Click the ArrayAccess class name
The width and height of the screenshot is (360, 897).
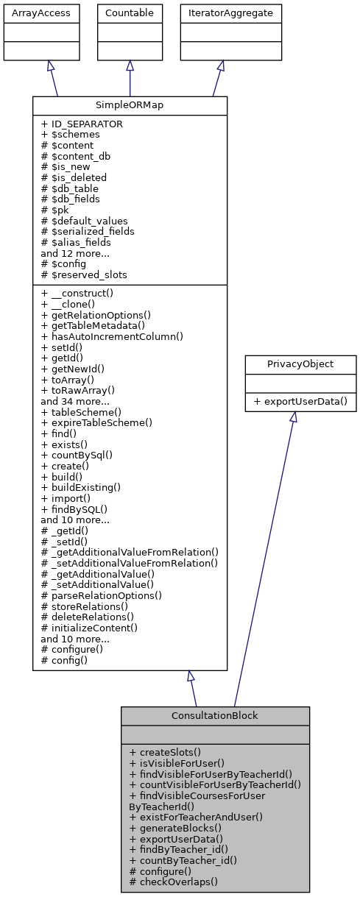[x=32, y=13]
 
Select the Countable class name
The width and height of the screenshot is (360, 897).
[x=130, y=13]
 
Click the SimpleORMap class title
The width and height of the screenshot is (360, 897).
[x=130, y=105]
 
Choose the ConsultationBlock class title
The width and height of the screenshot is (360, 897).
[x=215, y=715]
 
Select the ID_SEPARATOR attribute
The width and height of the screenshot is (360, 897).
[x=82, y=124]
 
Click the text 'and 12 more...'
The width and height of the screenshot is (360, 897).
[x=76, y=252]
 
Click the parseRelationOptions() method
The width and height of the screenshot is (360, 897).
[x=102, y=595]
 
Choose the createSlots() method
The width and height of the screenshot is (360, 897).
[x=164, y=753]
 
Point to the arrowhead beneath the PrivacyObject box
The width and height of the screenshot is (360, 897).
[x=292, y=416]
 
